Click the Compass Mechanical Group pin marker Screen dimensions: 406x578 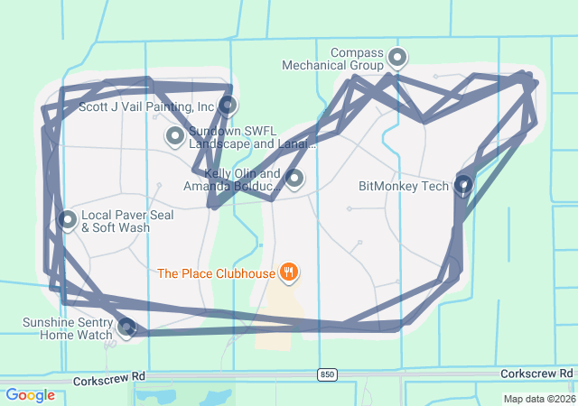pos(396,59)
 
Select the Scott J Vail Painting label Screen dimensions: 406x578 pos(146,106)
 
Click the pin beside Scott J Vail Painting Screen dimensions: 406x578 pos(228,106)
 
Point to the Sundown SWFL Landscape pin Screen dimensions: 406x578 pos(174,136)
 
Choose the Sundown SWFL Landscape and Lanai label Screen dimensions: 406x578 pos(252,137)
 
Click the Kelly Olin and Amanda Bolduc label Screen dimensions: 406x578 pos(230,180)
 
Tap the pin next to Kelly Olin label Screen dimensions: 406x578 pos(294,178)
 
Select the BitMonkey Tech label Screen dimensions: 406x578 pos(403,187)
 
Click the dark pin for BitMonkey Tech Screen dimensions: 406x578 pos(463,184)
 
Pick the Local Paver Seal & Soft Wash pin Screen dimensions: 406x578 pos(67,219)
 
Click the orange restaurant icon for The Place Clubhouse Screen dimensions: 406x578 pos(289,272)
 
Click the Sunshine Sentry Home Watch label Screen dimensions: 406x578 pos(67,328)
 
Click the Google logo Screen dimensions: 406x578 pos(30,395)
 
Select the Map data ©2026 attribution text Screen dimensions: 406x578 pos(538,399)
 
